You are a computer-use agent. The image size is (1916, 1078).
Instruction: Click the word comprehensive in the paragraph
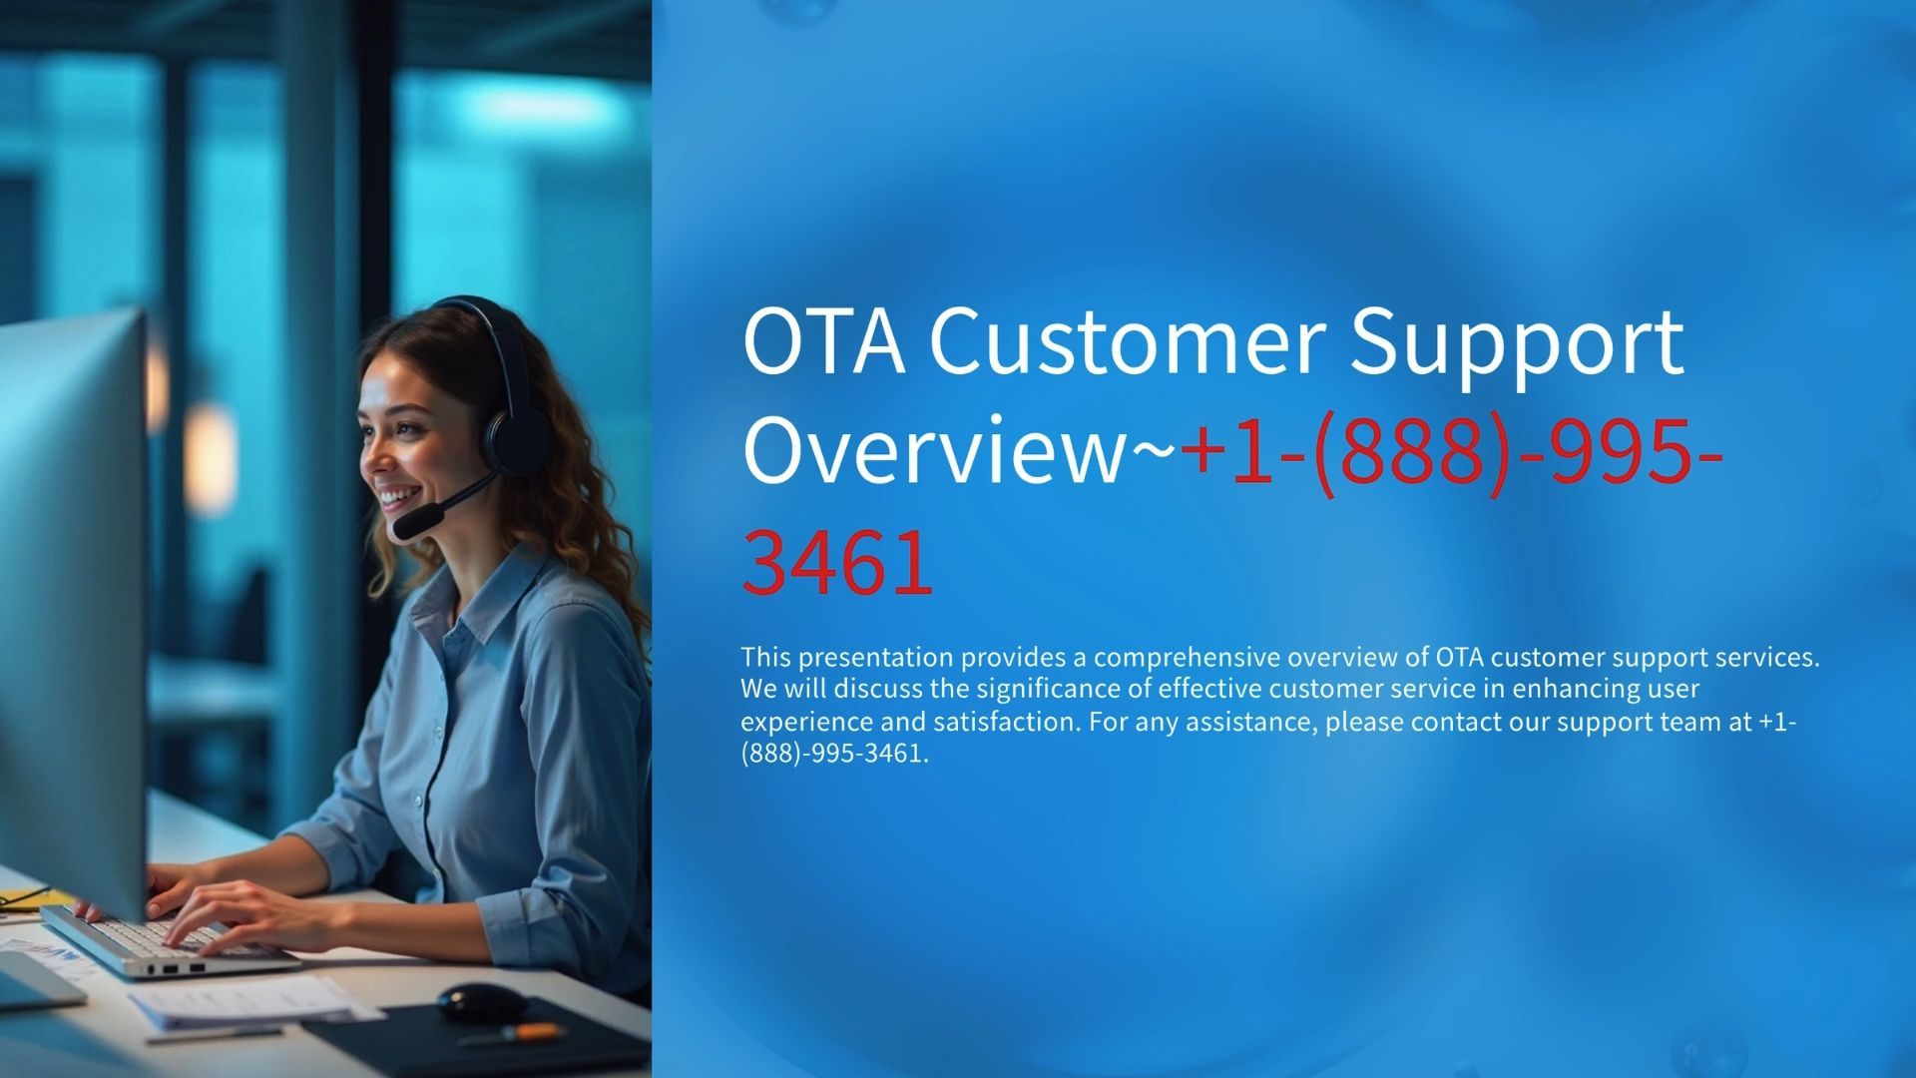click(x=1187, y=658)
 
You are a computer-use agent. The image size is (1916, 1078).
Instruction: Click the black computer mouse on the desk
click(x=482, y=1001)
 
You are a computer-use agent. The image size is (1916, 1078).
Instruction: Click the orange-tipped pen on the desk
click(x=510, y=1033)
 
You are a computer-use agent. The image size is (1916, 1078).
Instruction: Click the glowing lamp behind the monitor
click(x=211, y=456)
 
